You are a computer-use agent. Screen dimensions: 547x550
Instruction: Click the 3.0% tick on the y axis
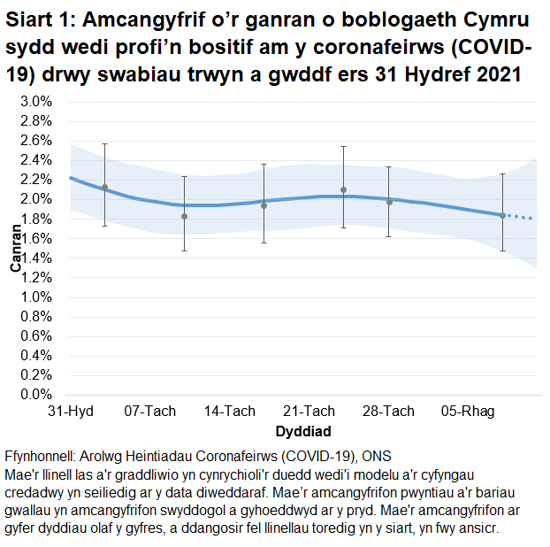[x=37, y=102]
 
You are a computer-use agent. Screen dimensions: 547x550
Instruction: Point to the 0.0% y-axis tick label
[x=37, y=395]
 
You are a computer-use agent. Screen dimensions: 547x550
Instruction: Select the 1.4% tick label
[x=37, y=258]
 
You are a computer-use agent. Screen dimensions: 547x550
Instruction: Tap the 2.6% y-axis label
[x=37, y=141]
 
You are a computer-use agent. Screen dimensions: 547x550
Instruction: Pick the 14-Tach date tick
[x=230, y=412]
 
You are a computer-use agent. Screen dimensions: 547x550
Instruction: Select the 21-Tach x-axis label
[x=309, y=412]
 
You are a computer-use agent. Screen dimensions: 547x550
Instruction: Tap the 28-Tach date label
[x=389, y=412]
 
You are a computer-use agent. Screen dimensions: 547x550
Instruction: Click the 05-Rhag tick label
[x=469, y=412]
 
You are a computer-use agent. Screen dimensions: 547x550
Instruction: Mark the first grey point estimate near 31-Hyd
[x=104, y=188]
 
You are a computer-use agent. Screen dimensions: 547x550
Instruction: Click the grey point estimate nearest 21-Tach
[x=343, y=190]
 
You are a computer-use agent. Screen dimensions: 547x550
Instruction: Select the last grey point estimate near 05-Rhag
[x=502, y=215]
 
